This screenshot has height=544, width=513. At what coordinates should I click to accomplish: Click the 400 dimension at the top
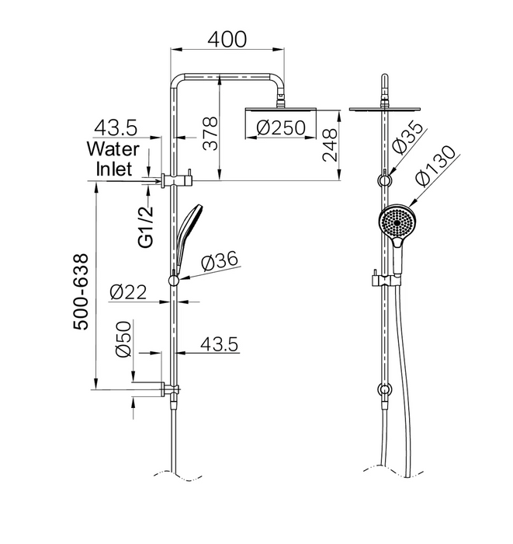pos(227,39)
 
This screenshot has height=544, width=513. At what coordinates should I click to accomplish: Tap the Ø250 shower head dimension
pos(281,127)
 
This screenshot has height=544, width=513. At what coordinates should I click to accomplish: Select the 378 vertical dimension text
pos(210,134)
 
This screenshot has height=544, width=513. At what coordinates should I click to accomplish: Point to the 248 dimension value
pos(329,145)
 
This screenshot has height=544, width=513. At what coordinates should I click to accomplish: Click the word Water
pos(113,149)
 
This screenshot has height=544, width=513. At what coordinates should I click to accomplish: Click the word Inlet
pos(114,169)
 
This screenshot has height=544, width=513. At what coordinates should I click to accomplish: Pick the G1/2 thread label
pos(145,227)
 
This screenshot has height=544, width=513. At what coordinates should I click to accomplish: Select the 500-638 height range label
pos(81,291)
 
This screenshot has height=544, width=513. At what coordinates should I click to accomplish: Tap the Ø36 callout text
pos(220,260)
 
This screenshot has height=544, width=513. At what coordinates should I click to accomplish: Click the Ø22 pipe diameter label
pos(128,292)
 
